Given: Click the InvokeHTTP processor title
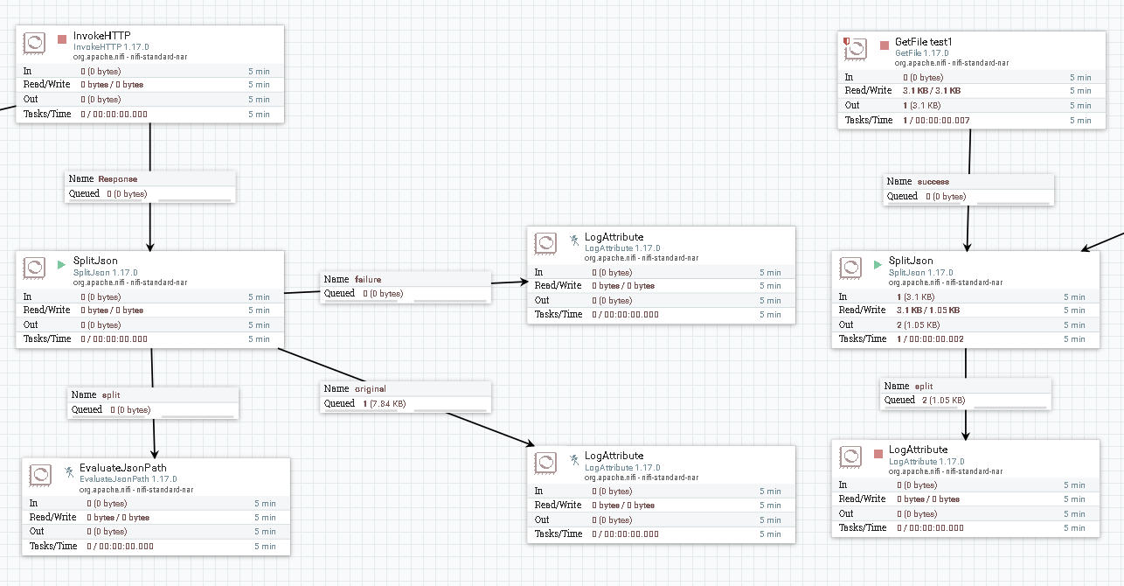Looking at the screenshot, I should point(101,35).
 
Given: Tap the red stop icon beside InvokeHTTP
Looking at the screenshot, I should point(62,39).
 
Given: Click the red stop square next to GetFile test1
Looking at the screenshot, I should point(885,45).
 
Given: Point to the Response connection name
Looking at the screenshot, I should point(117,178).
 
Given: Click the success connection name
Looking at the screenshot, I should point(933,182).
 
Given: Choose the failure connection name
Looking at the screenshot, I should point(368,279).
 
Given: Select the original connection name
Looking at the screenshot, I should point(370,388).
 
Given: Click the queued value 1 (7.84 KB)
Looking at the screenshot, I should point(384,403).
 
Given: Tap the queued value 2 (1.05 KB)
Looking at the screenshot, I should point(943,400).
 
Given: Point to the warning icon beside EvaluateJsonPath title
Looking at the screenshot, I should point(68,472).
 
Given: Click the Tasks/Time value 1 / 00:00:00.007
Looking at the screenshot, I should point(936,120).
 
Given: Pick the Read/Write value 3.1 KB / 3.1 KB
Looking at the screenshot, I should point(931,90).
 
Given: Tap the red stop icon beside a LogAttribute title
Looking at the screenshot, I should point(878,454).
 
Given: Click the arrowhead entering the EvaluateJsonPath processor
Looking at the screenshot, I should point(156,450).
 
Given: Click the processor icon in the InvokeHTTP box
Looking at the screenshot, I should point(34,44).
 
